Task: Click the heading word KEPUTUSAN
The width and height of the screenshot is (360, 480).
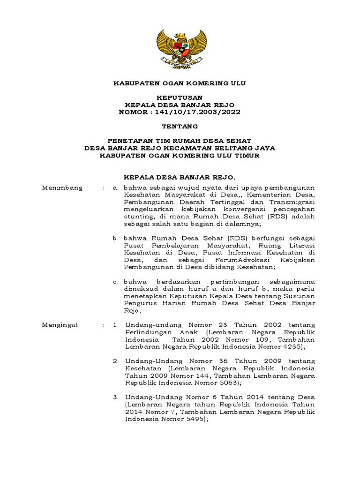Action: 180,97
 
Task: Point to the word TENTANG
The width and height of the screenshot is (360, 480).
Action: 180,126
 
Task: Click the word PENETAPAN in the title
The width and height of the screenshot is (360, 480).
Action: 130,141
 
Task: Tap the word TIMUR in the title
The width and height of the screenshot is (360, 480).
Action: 247,155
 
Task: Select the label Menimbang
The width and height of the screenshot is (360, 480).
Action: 62,188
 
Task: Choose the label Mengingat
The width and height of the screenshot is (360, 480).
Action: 61,324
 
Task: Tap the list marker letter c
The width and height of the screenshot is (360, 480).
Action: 115,282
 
